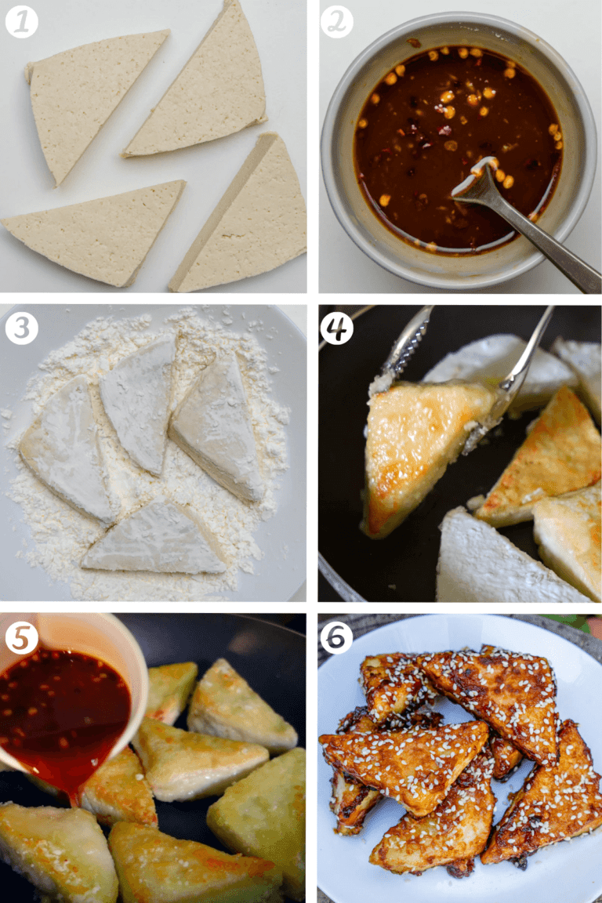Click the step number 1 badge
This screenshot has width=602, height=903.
(22, 22)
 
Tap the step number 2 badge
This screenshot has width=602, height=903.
(337, 22)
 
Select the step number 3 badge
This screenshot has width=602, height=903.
(22, 328)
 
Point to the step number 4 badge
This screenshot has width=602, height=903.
(337, 328)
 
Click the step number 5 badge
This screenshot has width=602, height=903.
(22, 637)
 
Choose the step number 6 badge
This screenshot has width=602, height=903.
(337, 637)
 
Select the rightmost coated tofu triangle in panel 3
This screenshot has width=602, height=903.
(219, 427)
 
